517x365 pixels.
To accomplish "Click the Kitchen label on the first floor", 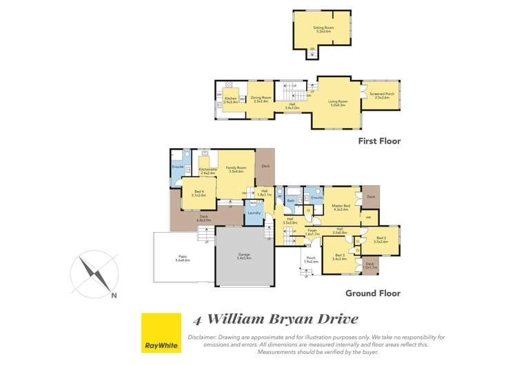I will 231,99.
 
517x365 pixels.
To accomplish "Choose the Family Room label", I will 235,168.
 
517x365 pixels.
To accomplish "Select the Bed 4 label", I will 199,194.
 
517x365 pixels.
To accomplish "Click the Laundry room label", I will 253,213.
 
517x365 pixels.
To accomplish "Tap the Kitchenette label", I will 207,169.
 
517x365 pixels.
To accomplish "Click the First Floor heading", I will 378,141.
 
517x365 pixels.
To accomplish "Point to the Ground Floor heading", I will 374,293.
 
